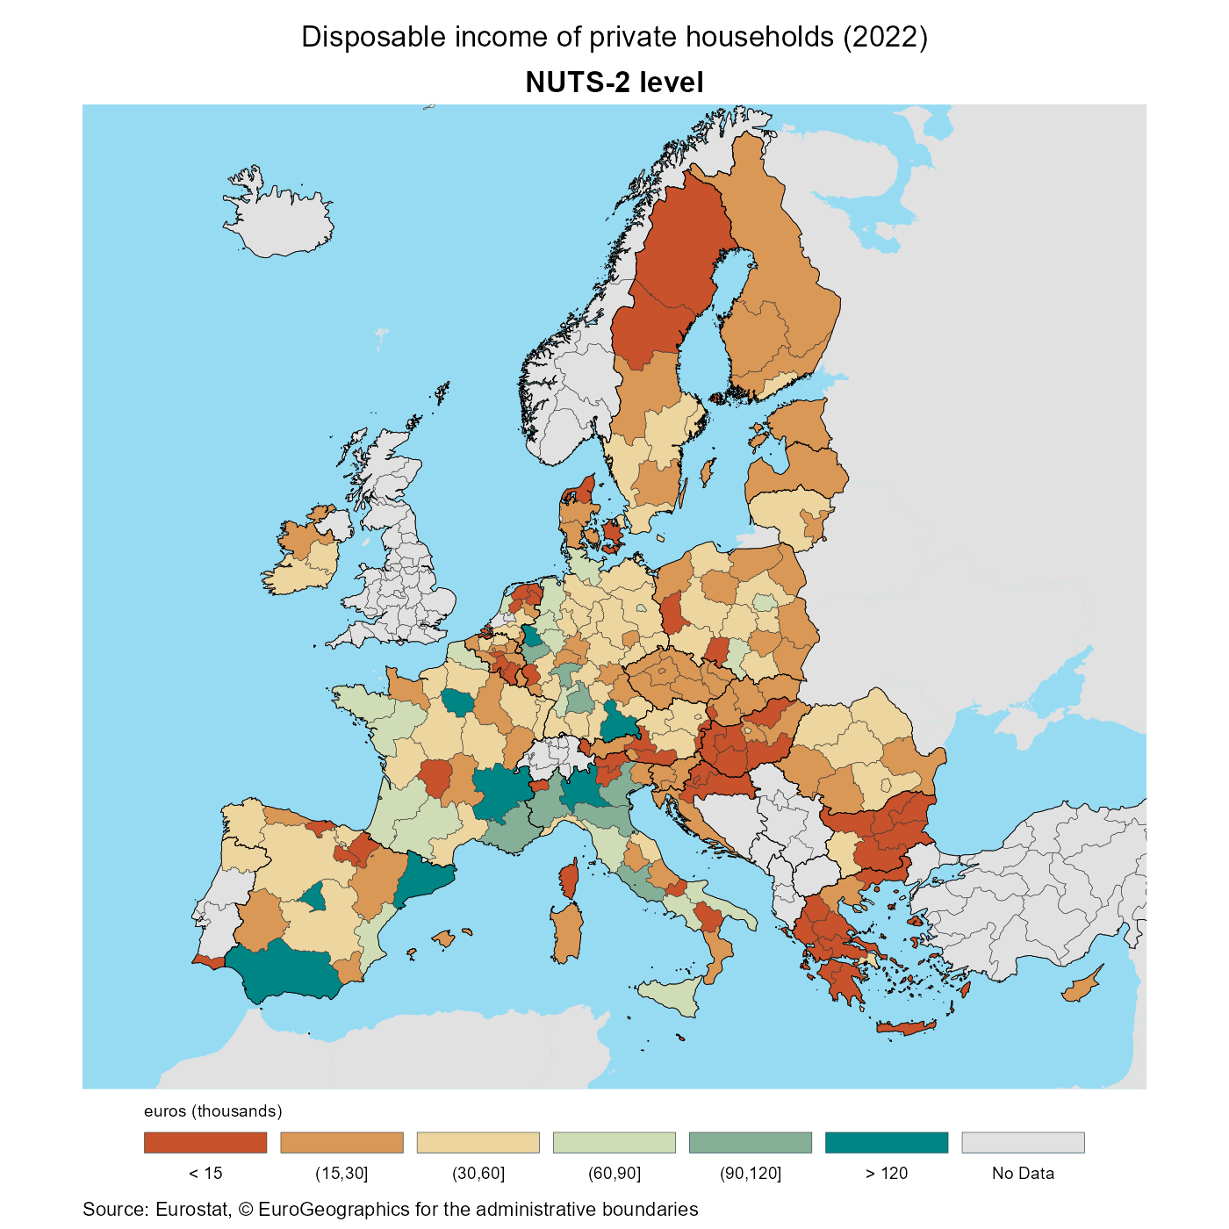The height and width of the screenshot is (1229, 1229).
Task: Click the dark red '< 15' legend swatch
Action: pos(205,1142)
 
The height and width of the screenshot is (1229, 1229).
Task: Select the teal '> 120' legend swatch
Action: pos(887,1142)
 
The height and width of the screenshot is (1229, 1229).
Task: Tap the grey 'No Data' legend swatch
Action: pos(1023,1142)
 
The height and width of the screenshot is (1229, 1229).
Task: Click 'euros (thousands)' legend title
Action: pos(213,1111)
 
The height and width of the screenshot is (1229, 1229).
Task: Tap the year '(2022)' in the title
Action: pos(884,37)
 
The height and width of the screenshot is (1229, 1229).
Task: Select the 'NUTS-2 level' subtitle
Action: pos(614,83)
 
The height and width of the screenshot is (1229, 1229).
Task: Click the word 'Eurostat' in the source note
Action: pos(192,1210)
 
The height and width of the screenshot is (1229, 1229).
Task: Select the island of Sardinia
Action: pos(567,932)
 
